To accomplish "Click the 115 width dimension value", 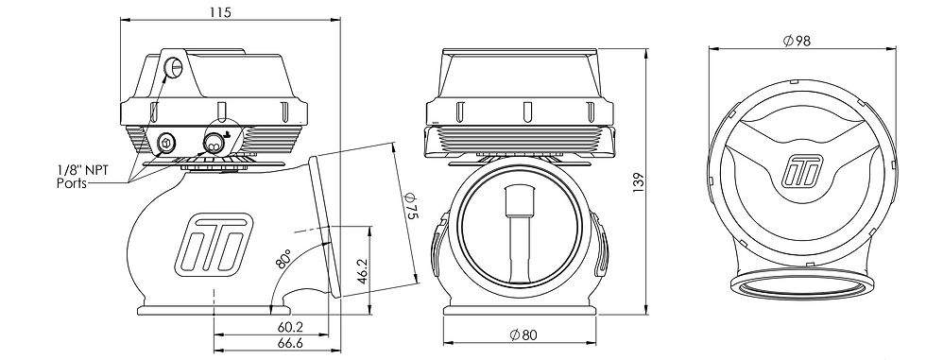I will coord(220,12).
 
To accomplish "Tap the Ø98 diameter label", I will coord(798,41).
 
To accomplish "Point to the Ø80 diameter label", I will coord(523,335).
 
